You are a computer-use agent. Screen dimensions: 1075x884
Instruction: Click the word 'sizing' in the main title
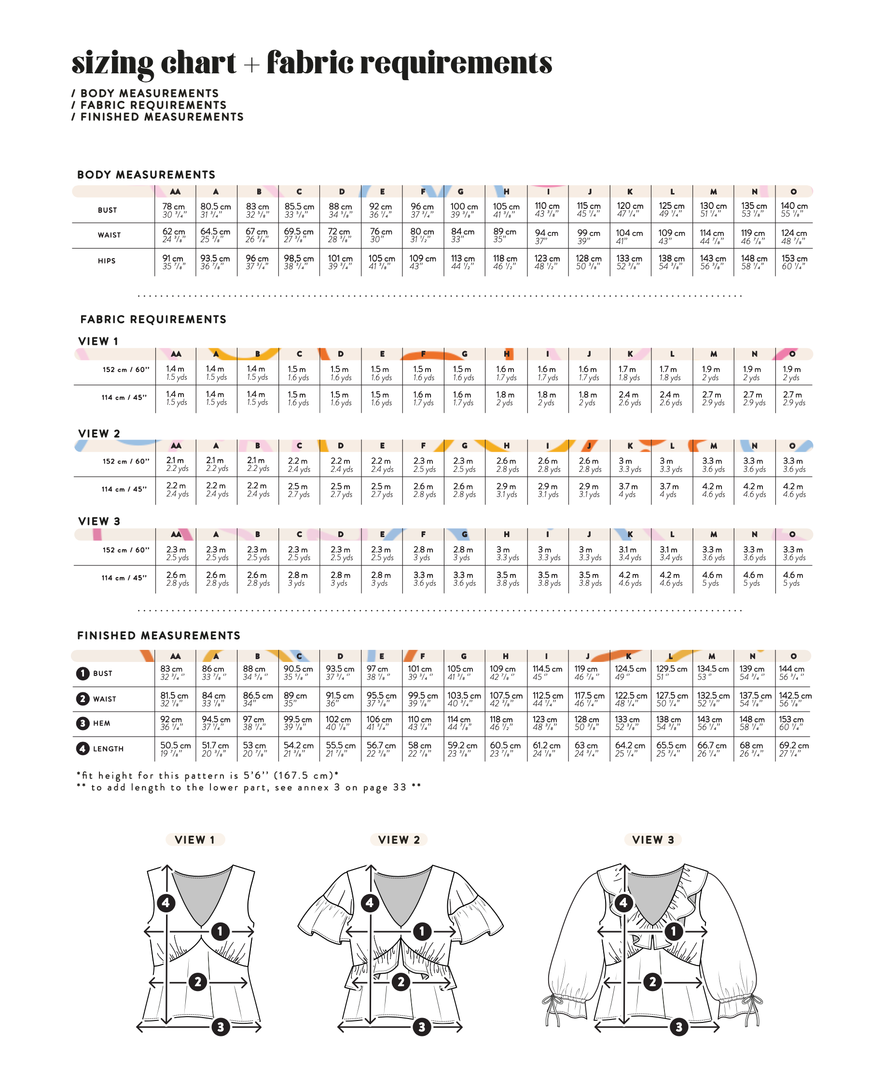[x=112, y=64]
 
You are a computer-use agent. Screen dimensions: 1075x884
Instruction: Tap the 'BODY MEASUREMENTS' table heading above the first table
[x=146, y=175]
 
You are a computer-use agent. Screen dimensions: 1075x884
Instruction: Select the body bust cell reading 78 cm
[x=174, y=210]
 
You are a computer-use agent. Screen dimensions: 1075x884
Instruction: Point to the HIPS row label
[x=107, y=261]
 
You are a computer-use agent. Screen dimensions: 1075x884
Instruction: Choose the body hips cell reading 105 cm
[x=381, y=262]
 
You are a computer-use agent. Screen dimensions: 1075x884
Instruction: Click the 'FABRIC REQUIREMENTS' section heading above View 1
[x=153, y=319]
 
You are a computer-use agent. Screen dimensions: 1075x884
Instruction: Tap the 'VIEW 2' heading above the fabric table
[x=99, y=433]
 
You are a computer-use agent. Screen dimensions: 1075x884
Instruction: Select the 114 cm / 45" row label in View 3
[x=124, y=578]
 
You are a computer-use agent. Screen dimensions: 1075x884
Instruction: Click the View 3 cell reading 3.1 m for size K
[x=630, y=553]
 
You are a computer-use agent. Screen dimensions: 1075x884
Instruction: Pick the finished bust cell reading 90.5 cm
[x=299, y=673]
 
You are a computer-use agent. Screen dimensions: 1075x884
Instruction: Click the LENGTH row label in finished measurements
[x=108, y=748]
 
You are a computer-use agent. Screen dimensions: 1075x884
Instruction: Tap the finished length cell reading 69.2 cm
[x=793, y=748]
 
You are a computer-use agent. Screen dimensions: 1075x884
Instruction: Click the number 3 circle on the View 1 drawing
[x=221, y=1027]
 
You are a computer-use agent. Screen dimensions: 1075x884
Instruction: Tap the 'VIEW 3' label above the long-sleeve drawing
[x=653, y=840]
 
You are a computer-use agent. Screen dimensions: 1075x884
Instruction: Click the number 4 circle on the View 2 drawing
[x=370, y=903]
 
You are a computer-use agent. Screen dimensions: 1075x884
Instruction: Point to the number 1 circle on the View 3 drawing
[x=674, y=931]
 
